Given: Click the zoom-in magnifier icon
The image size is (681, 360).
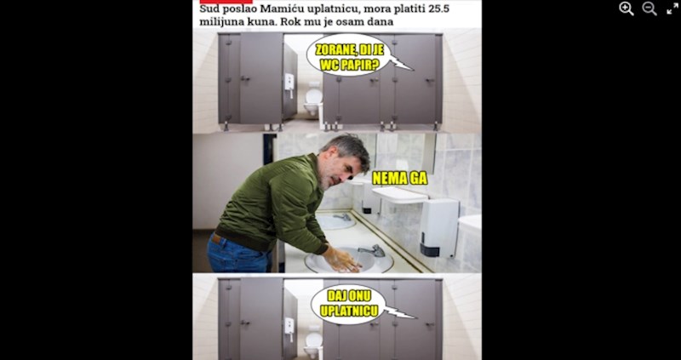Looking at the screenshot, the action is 627,9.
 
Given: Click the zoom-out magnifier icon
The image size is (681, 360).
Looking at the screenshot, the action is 650,9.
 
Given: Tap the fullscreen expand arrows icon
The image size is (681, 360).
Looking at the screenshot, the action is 672,9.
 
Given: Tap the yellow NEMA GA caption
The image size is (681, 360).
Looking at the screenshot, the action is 399,178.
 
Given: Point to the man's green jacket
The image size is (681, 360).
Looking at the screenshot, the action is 275,204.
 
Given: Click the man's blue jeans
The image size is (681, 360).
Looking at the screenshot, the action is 238,254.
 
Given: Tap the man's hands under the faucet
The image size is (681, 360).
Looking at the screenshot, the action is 342,260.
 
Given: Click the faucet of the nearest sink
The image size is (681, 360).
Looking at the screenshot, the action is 373,250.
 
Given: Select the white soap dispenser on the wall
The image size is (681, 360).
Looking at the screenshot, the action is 438,226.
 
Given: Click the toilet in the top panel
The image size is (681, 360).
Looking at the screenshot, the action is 312,100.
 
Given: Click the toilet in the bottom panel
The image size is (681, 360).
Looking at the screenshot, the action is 312,344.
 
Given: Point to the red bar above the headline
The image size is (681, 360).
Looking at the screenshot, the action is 226,2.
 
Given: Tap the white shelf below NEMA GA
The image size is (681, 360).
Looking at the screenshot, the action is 399,195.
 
